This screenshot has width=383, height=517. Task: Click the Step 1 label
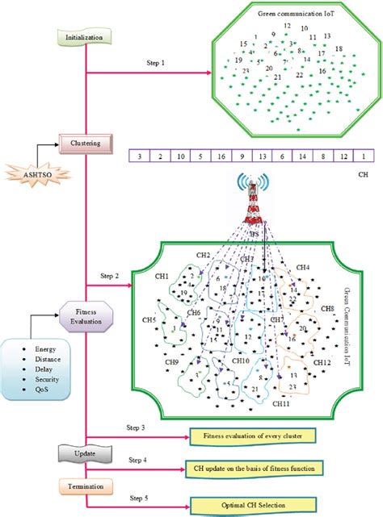tap(159, 63)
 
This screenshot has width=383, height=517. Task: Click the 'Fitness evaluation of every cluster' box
tap(251, 437)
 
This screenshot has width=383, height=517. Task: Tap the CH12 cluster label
tap(322, 364)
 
